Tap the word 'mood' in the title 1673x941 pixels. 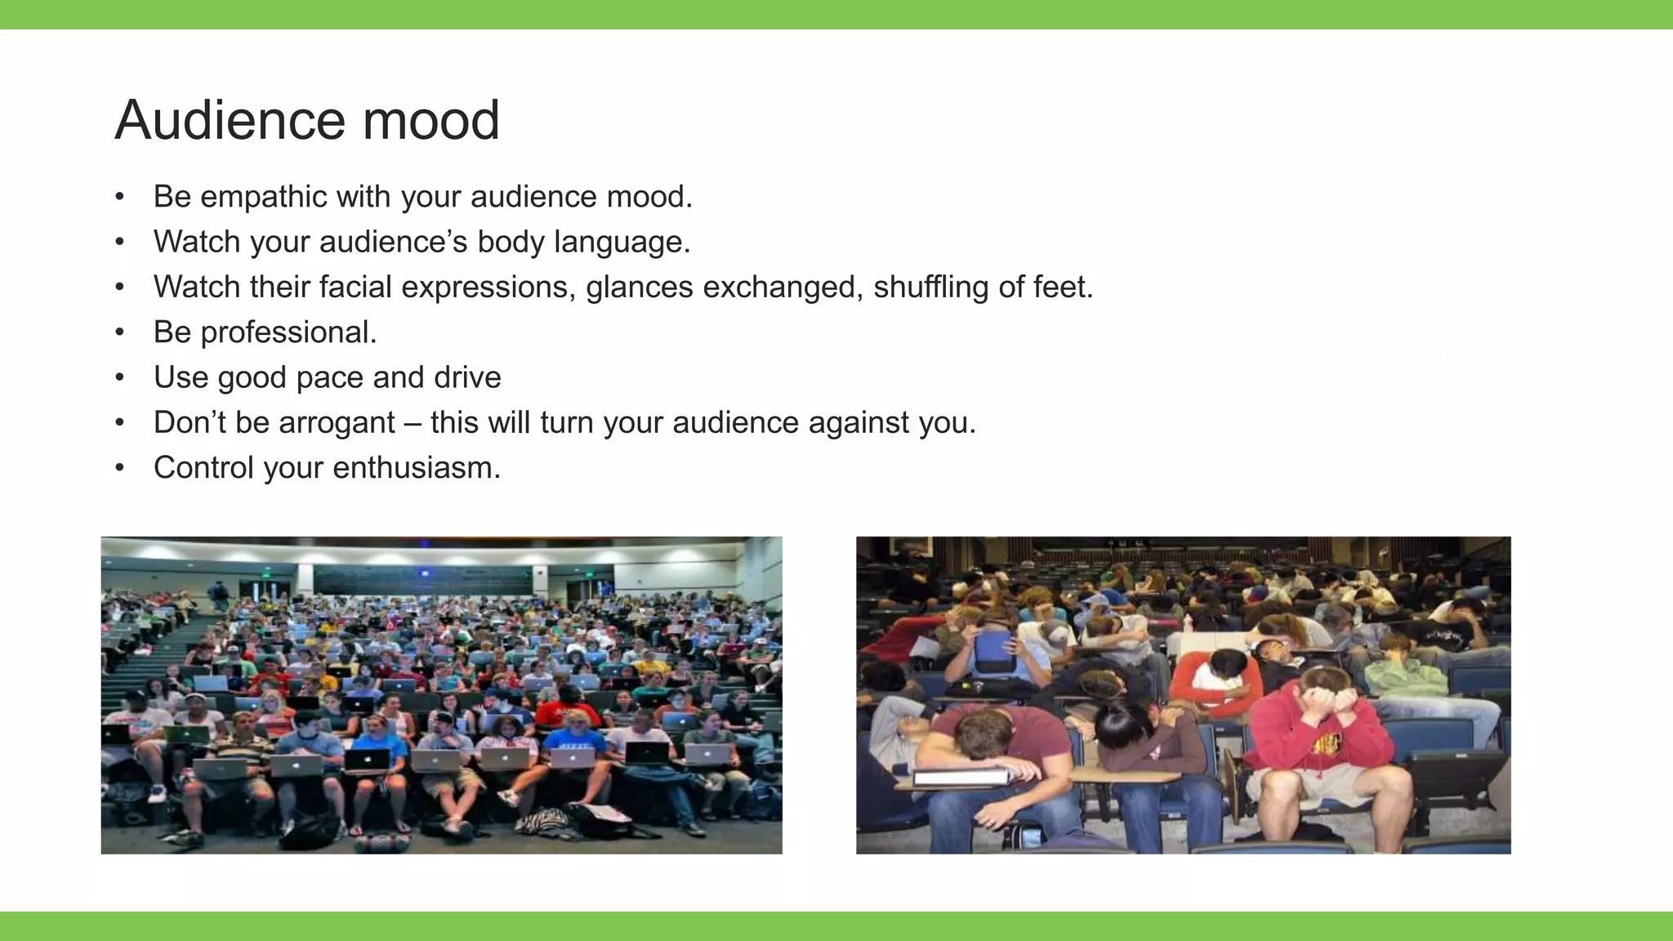[431, 121]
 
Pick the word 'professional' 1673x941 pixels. [288, 332]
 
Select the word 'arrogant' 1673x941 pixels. [337, 423]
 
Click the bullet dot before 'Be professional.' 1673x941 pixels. [120, 332]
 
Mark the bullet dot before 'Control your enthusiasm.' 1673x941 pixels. [120, 468]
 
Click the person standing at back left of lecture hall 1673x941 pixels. [218, 595]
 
